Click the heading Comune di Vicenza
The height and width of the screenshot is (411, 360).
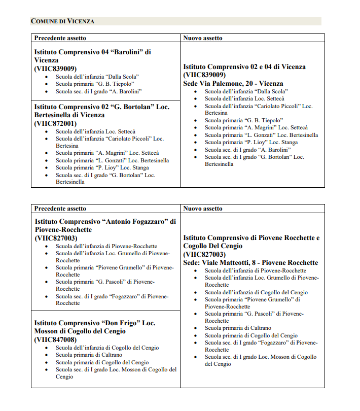[x=62, y=21]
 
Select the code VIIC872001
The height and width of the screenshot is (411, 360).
[x=56, y=123]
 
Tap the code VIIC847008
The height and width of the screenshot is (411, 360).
[x=56, y=339]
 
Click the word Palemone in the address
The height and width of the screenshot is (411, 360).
[x=240, y=83]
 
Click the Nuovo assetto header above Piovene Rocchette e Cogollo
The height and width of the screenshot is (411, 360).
[x=203, y=208]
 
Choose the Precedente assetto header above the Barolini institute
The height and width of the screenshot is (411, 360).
[x=60, y=38]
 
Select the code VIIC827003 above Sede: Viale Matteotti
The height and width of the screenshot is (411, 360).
[x=204, y=254]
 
